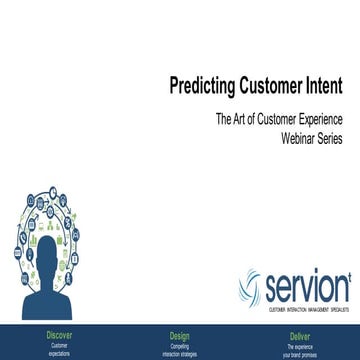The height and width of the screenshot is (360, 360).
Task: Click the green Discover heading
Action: pyautogui.click(x=59, y=335)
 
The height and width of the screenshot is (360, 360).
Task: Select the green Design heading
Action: pyautogui.click(x=179, y=335)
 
